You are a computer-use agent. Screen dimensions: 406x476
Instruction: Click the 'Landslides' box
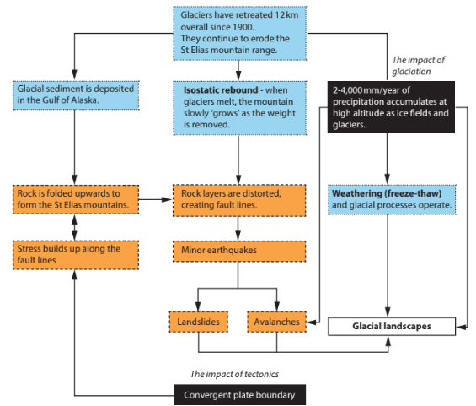click(x=198, y=322)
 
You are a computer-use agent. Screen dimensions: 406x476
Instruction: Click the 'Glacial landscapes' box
click(x=391, y=324)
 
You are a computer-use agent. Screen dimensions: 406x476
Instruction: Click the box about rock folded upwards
click(x=73, y=198)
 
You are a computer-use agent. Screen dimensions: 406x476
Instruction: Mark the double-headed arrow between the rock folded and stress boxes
click(x=74, y=225)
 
